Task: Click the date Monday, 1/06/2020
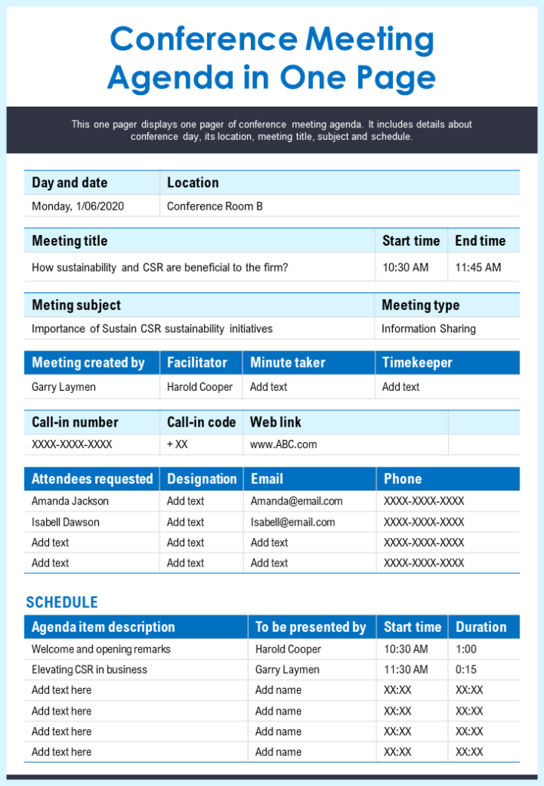pos(77,206)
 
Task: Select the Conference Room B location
pos(215,206)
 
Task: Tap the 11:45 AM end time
pos(477,268)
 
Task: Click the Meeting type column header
pos(420,305)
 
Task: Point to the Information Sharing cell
pos(428,329)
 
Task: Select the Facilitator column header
pos(197,362)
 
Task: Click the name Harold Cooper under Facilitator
pos(199,387)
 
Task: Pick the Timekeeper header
pos(417,362)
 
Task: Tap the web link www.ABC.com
pos(283,444)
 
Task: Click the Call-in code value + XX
pos(177,444)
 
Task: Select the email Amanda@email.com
pos(296,501)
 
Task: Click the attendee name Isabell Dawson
pos(65,522)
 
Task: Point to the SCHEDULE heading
pos(61,603)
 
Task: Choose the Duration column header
pos(481,627)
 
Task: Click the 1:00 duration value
pos(466,649)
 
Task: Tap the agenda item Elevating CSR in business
pos(89,669)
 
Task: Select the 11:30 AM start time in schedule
pos(406,669)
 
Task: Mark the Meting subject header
pos(76,305)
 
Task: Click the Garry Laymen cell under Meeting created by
pos(64,387)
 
